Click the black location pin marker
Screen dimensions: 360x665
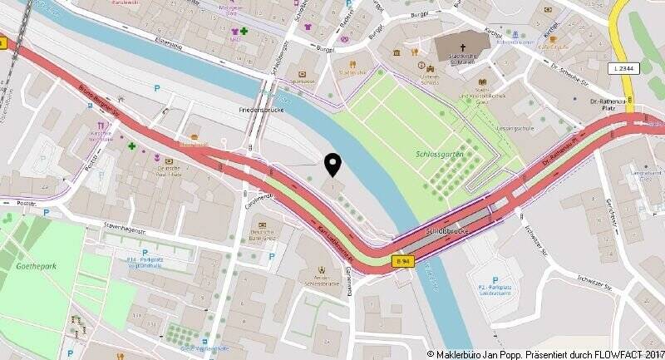pos(333,165)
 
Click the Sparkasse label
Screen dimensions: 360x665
pos(302,81)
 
